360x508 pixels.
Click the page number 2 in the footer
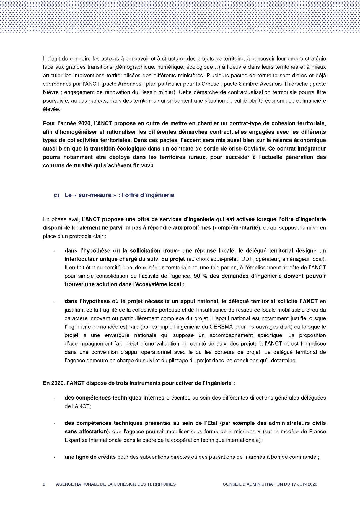click(44, 484)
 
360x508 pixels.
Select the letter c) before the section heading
click(56, 195)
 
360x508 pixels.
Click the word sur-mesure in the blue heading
click(95, 195)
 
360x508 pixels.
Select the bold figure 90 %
click(201, 276)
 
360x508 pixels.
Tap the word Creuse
click(211, 84)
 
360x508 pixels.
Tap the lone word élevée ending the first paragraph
click(51, 109)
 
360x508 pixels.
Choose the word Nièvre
click(50, 92)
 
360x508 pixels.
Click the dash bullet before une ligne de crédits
click(55, 457)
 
